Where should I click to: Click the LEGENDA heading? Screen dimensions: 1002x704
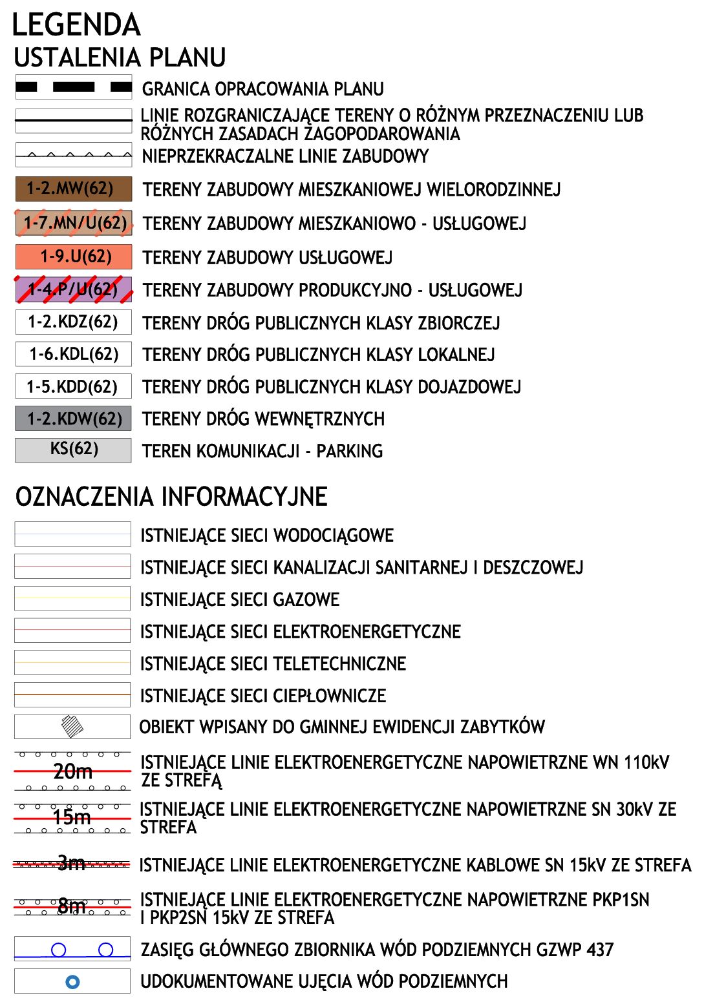pyautogui.click(x=76, y=25)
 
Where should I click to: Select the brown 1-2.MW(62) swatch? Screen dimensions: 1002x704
pyautogui.click(x=73, y=189)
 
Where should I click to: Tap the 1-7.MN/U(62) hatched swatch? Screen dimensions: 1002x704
pyautogui.click(x=73, y=223)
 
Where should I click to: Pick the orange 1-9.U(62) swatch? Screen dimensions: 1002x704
pyautogui.click(x=73, y=256)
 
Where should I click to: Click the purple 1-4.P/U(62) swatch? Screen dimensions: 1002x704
pyautogui.click(x=73, y=289)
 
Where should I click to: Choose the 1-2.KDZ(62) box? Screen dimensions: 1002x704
pyautogui.click(x=73, y=322)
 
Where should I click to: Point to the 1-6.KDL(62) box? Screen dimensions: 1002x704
pyautogui.click(x=73, y=354)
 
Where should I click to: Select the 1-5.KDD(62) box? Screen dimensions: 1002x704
pyautogui.click(x=73, y=386)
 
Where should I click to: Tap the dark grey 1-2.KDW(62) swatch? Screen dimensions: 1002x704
pyautogui.click(x=73, y=419)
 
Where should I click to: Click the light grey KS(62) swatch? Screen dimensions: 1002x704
pyautogui.click(x=73, y=450)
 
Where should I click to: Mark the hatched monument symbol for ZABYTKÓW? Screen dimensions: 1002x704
pyautogui.click(x=72, y=726)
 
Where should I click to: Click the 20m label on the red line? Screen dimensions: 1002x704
pyautogui.click(x=72, y=771)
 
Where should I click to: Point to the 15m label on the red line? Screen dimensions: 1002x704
pyautogui.click(x=72, y=817)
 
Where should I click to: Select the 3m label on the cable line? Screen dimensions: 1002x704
pyautogui.click(x=71, y=863)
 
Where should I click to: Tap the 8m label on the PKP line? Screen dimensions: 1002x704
pyautogui.click(x=72, y=906)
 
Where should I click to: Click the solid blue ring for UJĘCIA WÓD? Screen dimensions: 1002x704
pyautogui.click(x=73, y=982)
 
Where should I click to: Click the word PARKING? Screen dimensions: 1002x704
pyautogui.click(x=350, y=451)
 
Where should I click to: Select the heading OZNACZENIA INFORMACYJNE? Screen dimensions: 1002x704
pyautogui.click(x=171, y=497)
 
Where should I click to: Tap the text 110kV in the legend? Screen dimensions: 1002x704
pyautogui.click(x=646, y=763)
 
